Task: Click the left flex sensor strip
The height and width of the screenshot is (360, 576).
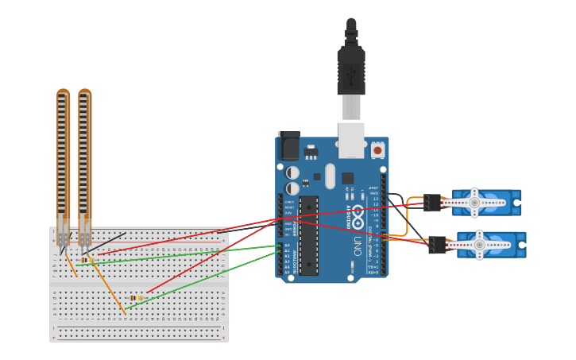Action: tap(64, 159)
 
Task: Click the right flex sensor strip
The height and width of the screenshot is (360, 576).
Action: tap(85, 159)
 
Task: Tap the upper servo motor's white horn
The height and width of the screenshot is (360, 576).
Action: tap(474, 203)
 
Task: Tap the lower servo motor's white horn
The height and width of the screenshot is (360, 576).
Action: tap(479, 245)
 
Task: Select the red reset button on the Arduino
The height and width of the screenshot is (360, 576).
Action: tap(377, 149)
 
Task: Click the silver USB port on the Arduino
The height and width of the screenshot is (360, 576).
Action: tap(351, 140)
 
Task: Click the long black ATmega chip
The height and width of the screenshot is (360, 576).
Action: tap(308, 235)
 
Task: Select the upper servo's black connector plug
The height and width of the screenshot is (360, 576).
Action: tap(432, 203)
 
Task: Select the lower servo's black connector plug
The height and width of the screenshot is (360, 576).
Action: tap(437, 245)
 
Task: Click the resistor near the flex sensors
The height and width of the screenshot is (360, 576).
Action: tap(87, 260)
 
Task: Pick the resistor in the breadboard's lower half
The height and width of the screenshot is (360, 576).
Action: tap(137, 298)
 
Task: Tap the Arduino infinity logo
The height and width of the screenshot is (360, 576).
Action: tap(358, 215)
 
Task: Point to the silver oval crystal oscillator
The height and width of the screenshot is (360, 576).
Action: tap(331, 176)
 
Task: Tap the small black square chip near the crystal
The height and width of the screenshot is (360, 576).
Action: tap(348, 178)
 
